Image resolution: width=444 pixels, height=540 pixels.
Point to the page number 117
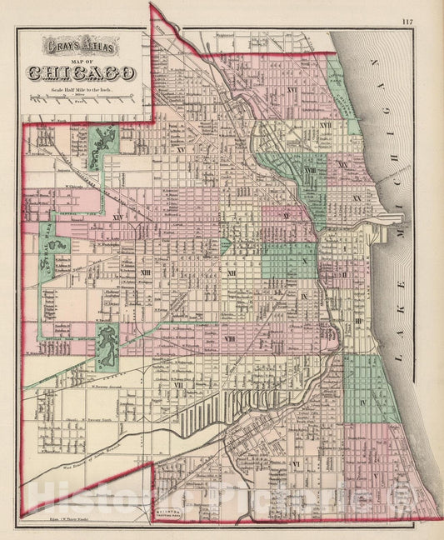click(x=429, y=22)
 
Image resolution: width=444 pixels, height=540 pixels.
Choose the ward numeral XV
click(x=180, y=150)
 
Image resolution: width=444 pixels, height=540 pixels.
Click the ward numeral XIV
click(x=117, y=217)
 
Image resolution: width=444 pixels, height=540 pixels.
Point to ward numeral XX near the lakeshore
click(x=356, y=198)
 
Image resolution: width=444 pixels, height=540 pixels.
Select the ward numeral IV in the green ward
click(x=363, y=402)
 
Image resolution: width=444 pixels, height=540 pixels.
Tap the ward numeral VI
click(x=295, y=463)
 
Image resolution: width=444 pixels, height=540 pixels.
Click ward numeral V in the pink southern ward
click(x=374, y=477)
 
